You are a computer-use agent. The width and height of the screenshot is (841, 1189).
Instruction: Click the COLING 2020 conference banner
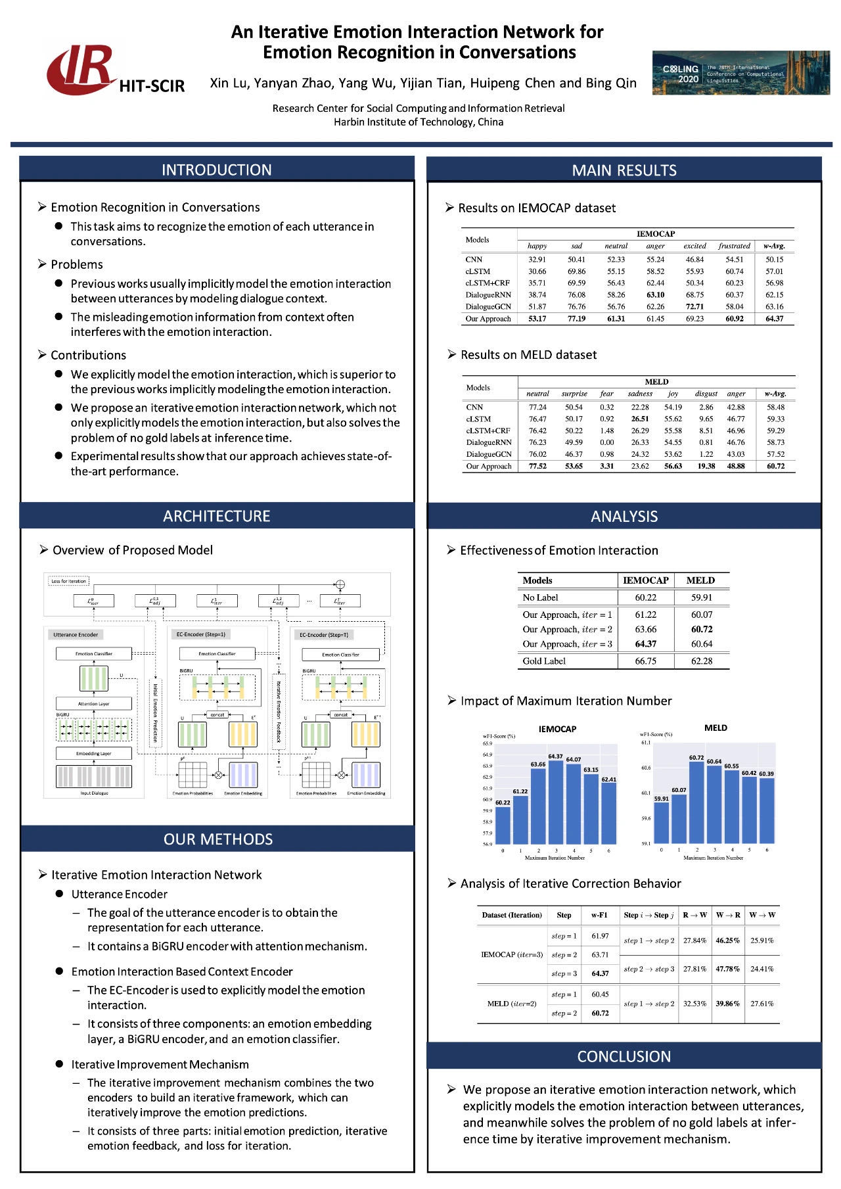(x=740, y=73)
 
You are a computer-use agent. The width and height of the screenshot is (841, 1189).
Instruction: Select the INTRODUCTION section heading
(x=217, y=170)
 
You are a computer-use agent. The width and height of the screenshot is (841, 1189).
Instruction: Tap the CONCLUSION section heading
(x=624, y=1056)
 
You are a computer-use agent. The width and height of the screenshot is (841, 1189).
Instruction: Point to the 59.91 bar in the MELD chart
(x=662, y=822)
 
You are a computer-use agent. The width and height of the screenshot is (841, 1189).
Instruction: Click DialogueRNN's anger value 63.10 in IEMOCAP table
(x=655, y=294)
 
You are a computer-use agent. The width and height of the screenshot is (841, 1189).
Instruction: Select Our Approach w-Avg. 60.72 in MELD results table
(x=775, y=466)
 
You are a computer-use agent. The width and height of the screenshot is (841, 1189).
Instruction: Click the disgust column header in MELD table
(x=706, y=394)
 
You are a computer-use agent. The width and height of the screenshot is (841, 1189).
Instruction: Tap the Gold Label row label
(x=544, y=661)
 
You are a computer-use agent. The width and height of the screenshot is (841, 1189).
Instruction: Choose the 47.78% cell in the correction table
(x=728, y=969)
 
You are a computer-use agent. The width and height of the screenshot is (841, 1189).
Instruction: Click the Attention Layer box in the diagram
(x=94, y=704)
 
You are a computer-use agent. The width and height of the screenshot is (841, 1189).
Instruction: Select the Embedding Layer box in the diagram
(x=94, y=754)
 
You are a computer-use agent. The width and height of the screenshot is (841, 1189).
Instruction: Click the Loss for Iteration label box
(x=69, y=581)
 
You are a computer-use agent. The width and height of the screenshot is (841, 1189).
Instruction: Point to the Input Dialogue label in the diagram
(x=94, y=793)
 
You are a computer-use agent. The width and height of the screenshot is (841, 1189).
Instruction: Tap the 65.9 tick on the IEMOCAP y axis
(x=488, y=743)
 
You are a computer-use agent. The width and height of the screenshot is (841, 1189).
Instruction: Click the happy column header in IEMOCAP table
(x=537, y=246)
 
